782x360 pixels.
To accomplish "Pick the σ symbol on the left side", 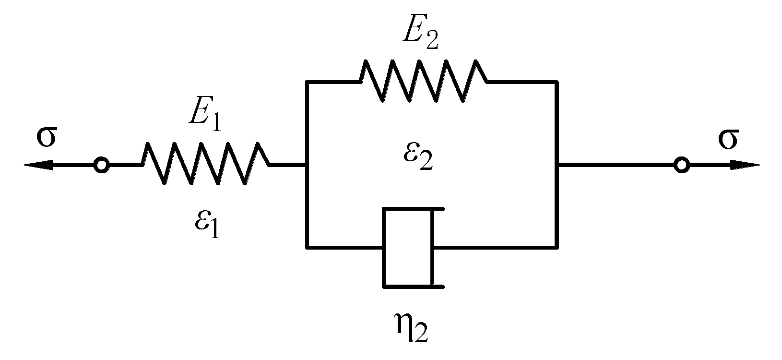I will pyautogui.click(x=46, y=137).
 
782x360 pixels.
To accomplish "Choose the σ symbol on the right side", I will pyautogui.click(x=728, y=139).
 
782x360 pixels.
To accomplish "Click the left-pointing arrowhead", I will pyautogui.click(x=36, y=165).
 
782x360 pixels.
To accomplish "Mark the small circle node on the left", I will pyautogui.click(x=101, y=165).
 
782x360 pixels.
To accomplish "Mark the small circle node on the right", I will pyautogui.click(x=681, y=166).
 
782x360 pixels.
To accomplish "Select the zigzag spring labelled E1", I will pyautogui.click(x=205, y=163).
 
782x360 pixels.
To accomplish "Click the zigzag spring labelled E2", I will pyautogui.click(x=423, y=80).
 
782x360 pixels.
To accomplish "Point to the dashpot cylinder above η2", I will pyautogui.click(x=408, y=247).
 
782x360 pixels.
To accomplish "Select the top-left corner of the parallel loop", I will pyautogui.click(x=307, y=83).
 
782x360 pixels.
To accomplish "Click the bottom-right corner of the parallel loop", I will pyautogui.click(x=557, y=248).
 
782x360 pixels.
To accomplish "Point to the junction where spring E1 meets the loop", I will pyautogui.click(x=307, y=165).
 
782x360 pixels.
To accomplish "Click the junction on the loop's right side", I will pyautogui.click(x=557, y=165).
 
